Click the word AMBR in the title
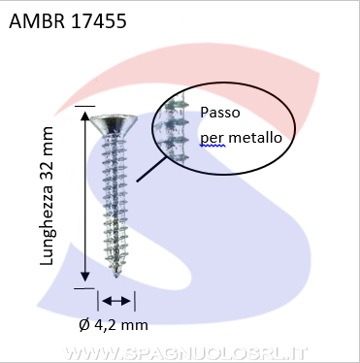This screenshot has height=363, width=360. (x=37, y=21)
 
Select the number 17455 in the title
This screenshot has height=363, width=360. (x=98, y=21)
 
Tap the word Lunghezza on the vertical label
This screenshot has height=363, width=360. (x=47, y=225)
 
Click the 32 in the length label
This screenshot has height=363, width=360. (x=47, y=170)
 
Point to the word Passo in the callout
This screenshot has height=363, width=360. (x=220, y=113)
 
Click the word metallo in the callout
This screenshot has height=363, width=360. (x=255, y=138)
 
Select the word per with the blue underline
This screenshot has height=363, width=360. (x=213, y=140)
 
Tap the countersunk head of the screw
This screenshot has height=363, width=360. (x=114, y=124)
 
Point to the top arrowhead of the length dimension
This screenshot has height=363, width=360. (x=84, y=115)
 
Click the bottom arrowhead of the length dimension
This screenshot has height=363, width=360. (x=84, y=277)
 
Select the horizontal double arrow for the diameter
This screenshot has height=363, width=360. (x=116, y=301)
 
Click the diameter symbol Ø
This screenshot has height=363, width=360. (x=84, y=325)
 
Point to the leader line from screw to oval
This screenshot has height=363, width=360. (x=152, y=169)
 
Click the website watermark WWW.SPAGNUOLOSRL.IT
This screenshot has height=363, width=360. (x=185, y=353)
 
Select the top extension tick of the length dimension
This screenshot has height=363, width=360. (x=84, y=106)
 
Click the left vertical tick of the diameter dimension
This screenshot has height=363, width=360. (x=98, y=301)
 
